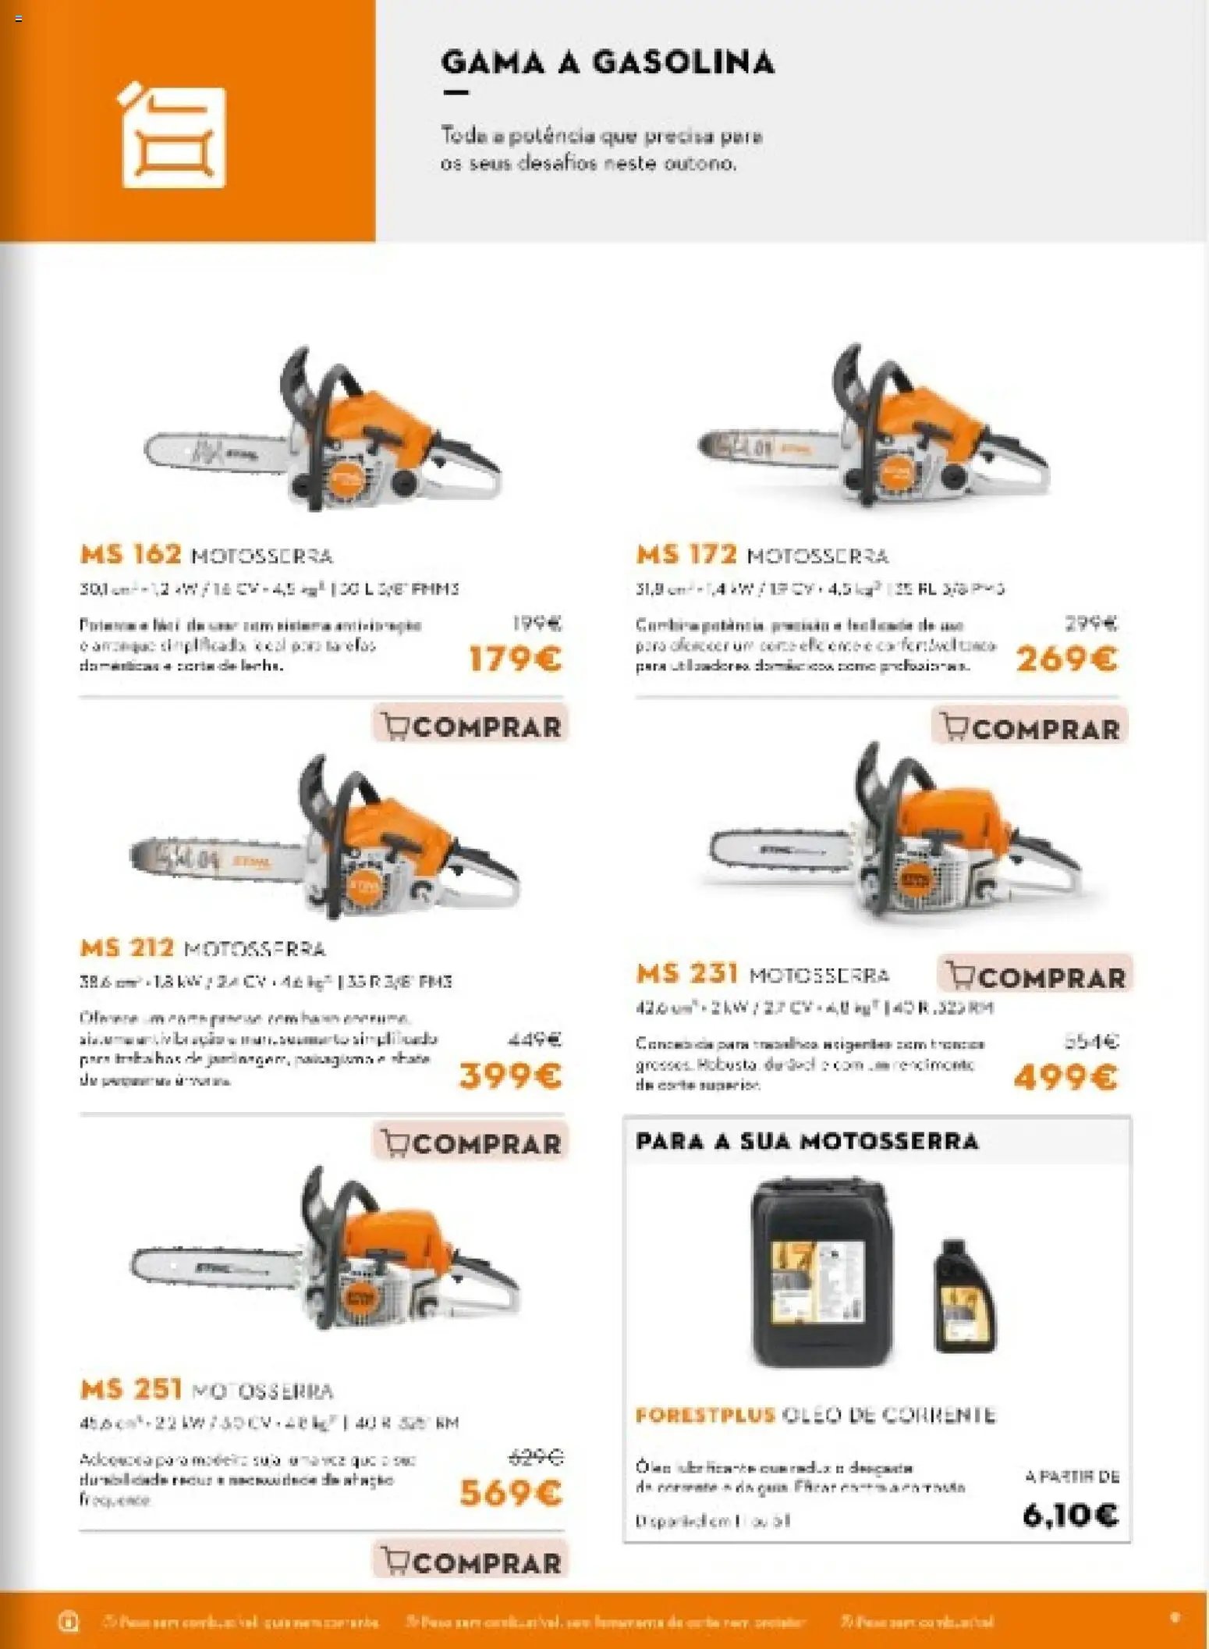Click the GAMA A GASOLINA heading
[x=607, y=62]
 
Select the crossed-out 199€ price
[x=537, y=624]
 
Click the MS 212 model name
[x=126, y=948]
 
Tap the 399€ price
[x=511, y=1076]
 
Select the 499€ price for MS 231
[x=1065, y=1078]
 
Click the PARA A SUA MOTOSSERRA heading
[x=807, y=1141]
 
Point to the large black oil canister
[x=820, y=1274]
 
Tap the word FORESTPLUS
[x=704, y=1415]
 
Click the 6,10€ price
[x=1069, y=1515]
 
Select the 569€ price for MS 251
[x=511, y=1493]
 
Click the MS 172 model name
[x=686, y=555]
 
